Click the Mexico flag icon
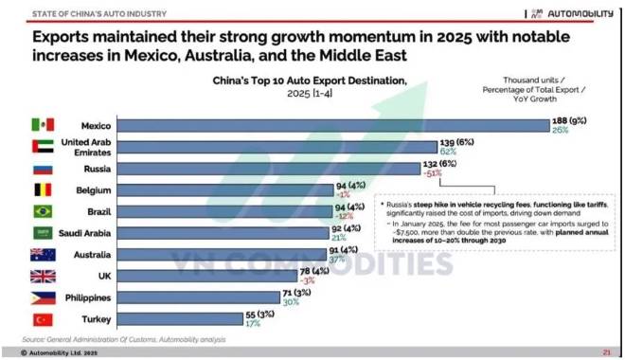(x=42, y=125)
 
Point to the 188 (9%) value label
(x=574, y=120)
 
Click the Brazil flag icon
(x=42, y=210)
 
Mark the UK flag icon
(x=42, y=277)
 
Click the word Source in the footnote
(x=35, y=339)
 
